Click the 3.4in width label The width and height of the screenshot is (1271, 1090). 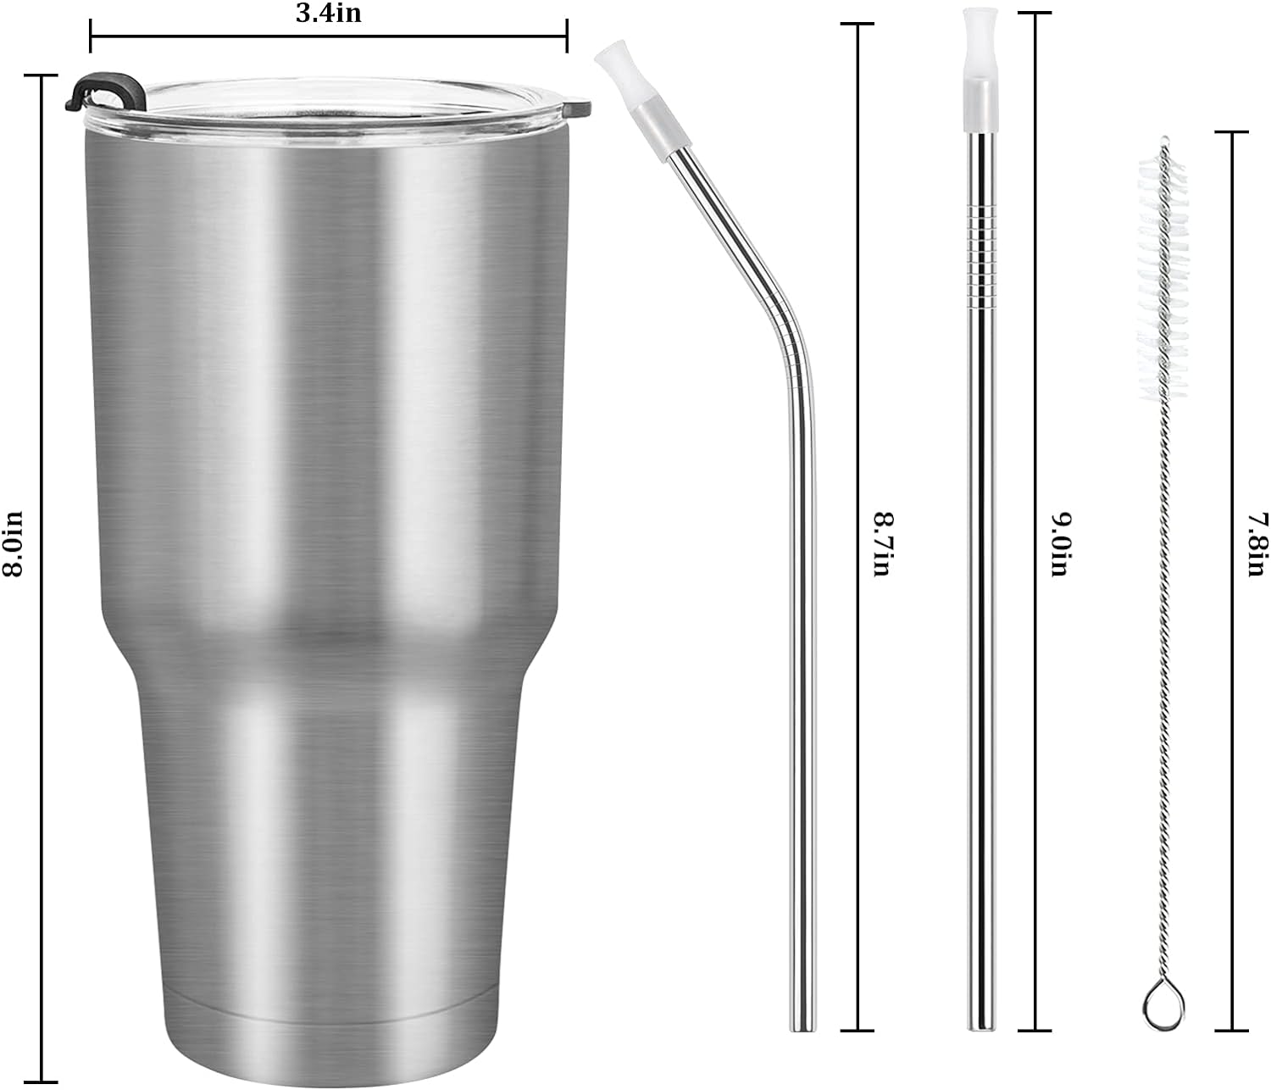329,14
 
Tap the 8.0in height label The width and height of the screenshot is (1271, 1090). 13,544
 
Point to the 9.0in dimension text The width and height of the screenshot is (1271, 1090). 1059,544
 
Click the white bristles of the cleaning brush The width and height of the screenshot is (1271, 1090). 1163,276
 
